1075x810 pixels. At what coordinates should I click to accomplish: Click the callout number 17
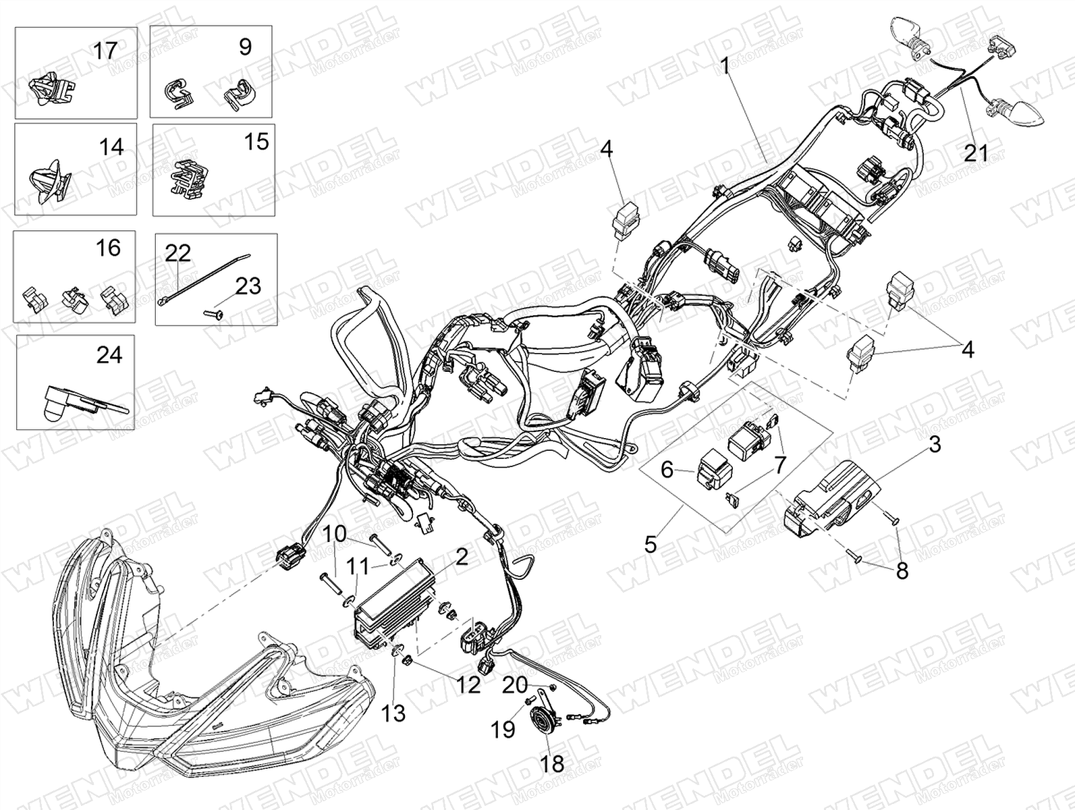(x=105, y=51)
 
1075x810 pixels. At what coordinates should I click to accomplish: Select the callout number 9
(x=246, y=47)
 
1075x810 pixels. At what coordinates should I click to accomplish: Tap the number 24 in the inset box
(x=109, y=355)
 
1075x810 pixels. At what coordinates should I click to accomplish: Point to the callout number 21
(x=976, y=153)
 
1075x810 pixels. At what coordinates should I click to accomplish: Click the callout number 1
(x=724, y=65)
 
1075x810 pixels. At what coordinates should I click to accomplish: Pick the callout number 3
(x=935, y=445)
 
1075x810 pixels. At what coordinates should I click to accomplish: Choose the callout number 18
(x=552, y=763)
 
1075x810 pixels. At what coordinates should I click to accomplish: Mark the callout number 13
(x=393, y=713)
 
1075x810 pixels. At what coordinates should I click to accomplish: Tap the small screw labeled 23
(x=213, y=313)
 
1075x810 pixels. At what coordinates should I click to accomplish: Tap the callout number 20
(x=515, y=685)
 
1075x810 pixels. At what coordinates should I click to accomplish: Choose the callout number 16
(x=108, y=248)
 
